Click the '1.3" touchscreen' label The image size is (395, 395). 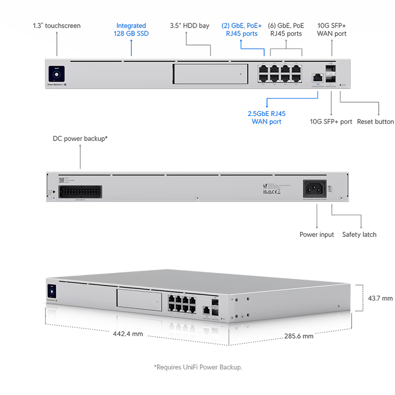tap(56, 26)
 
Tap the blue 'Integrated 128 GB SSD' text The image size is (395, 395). tap(131, 30)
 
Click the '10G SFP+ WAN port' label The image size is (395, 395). tap(332, 30)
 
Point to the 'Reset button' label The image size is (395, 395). tap(375, 121)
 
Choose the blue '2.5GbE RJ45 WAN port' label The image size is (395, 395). tap(267, 118)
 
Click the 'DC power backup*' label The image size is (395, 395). tap(80, 139)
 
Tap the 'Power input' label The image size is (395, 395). tap(316, 235)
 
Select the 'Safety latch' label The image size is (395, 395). tap(359, 235)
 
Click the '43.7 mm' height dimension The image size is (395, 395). tap(380, 298)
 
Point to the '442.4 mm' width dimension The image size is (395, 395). tap(128, 334)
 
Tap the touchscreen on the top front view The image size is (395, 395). tap(55, 76)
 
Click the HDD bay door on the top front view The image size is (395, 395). tap(210, 74)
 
